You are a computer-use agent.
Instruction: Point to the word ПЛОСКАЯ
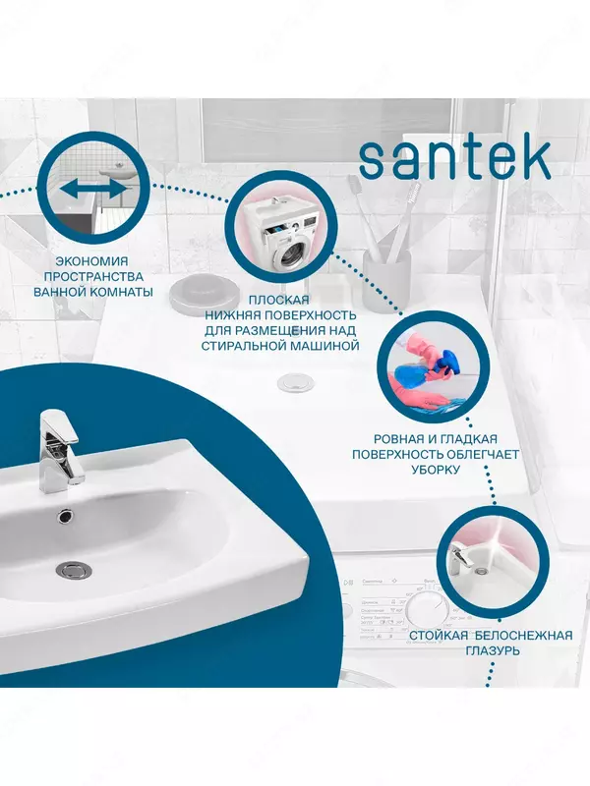point(279,300)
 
